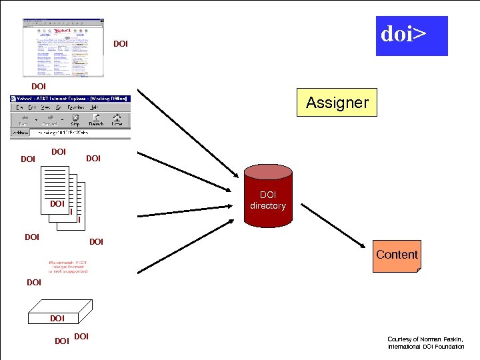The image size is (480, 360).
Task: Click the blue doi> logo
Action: (411, 36)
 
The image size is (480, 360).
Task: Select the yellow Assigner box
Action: (337, 103)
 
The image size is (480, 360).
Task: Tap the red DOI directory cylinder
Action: (267, 200)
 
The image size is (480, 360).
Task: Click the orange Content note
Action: (397, 255)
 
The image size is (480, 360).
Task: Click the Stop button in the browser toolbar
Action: (75, 120)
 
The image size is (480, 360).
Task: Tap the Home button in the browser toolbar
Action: (117, 120)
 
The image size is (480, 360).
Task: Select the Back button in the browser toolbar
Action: (23, 120)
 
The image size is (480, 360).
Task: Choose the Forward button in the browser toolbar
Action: (49, 120)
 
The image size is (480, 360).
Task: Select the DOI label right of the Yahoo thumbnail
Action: (121, 44)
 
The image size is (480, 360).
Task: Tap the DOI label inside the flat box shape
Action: (57, 319)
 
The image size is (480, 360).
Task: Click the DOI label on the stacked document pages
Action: (57, 203)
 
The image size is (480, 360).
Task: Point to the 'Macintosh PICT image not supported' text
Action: (68, 267)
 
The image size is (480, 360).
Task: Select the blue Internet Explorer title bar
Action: (70, 99)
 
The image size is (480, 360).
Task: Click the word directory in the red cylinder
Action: (267, 206)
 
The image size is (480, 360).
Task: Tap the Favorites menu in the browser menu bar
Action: (74, 107)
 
